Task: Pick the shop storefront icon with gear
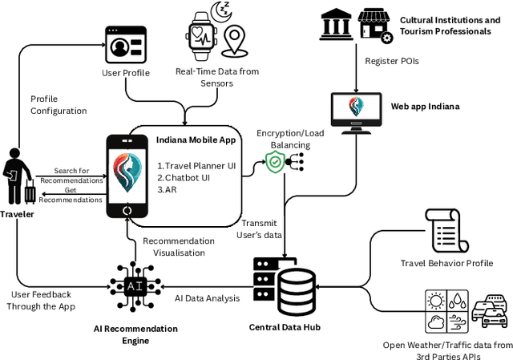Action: [374, 24]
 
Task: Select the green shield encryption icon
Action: [276, 163]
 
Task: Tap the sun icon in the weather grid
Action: [438, 301]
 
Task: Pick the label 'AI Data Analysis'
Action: [207, 298]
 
